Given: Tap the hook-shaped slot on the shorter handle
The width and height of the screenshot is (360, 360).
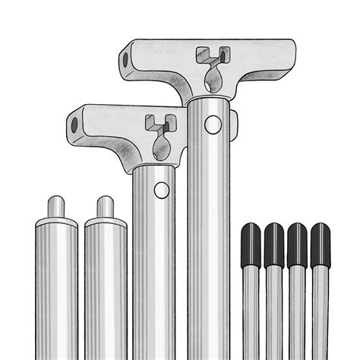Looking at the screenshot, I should [157, 120].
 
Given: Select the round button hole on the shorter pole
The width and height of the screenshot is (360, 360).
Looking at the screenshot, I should [161, 190].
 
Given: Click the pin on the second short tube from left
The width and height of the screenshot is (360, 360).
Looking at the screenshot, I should [106, 206].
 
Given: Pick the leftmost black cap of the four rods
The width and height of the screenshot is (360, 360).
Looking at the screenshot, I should [251, 245].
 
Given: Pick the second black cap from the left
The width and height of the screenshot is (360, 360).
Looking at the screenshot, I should [274, 245].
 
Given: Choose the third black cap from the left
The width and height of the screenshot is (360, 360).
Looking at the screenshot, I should [297, 245].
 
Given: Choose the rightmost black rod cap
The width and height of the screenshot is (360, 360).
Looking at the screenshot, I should [321, 245].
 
